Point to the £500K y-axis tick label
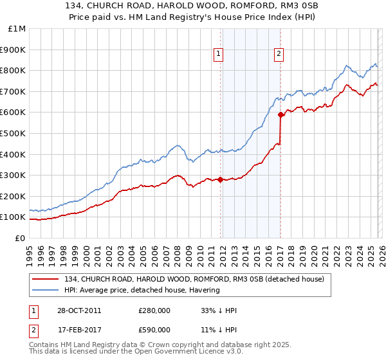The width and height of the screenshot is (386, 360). point(14,133)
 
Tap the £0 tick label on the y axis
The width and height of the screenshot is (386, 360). point(21,238)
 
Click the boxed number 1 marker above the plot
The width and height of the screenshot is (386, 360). point(219,55)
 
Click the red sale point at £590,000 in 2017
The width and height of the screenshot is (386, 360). point(280,115)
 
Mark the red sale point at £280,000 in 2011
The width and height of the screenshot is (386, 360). point(220,179)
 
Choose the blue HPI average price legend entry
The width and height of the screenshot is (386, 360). point(142,290)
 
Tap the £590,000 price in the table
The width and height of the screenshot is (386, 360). point(154,329)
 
